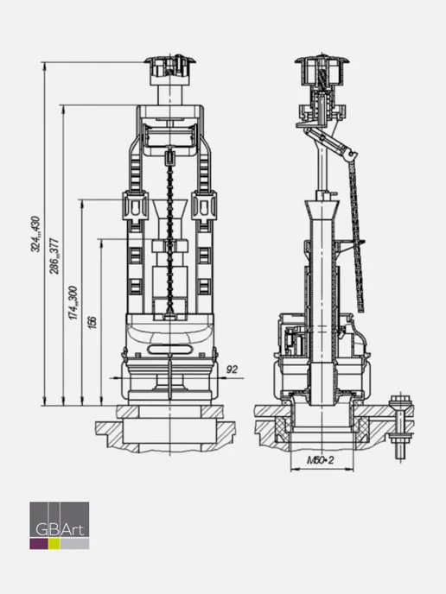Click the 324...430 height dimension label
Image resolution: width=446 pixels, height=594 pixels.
35,234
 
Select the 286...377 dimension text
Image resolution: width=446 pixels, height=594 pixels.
54,256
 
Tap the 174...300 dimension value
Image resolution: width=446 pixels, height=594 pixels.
73,303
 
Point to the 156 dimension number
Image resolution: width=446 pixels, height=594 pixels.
92,322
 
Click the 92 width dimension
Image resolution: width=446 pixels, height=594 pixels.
232,370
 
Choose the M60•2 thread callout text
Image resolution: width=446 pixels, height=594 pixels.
321,460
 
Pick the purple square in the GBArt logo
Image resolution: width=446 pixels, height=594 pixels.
39,544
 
